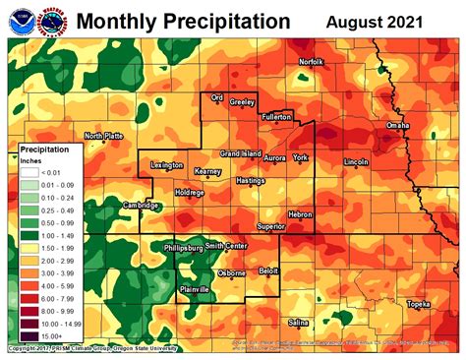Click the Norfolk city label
click(x=311, y=62)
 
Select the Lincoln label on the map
click(x=356, y=160)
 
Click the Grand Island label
click(x=239, y=154)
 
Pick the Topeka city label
click(x=418, y=304)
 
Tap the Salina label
click(x=299, y=322)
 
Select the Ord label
click(x=218, y=99)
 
